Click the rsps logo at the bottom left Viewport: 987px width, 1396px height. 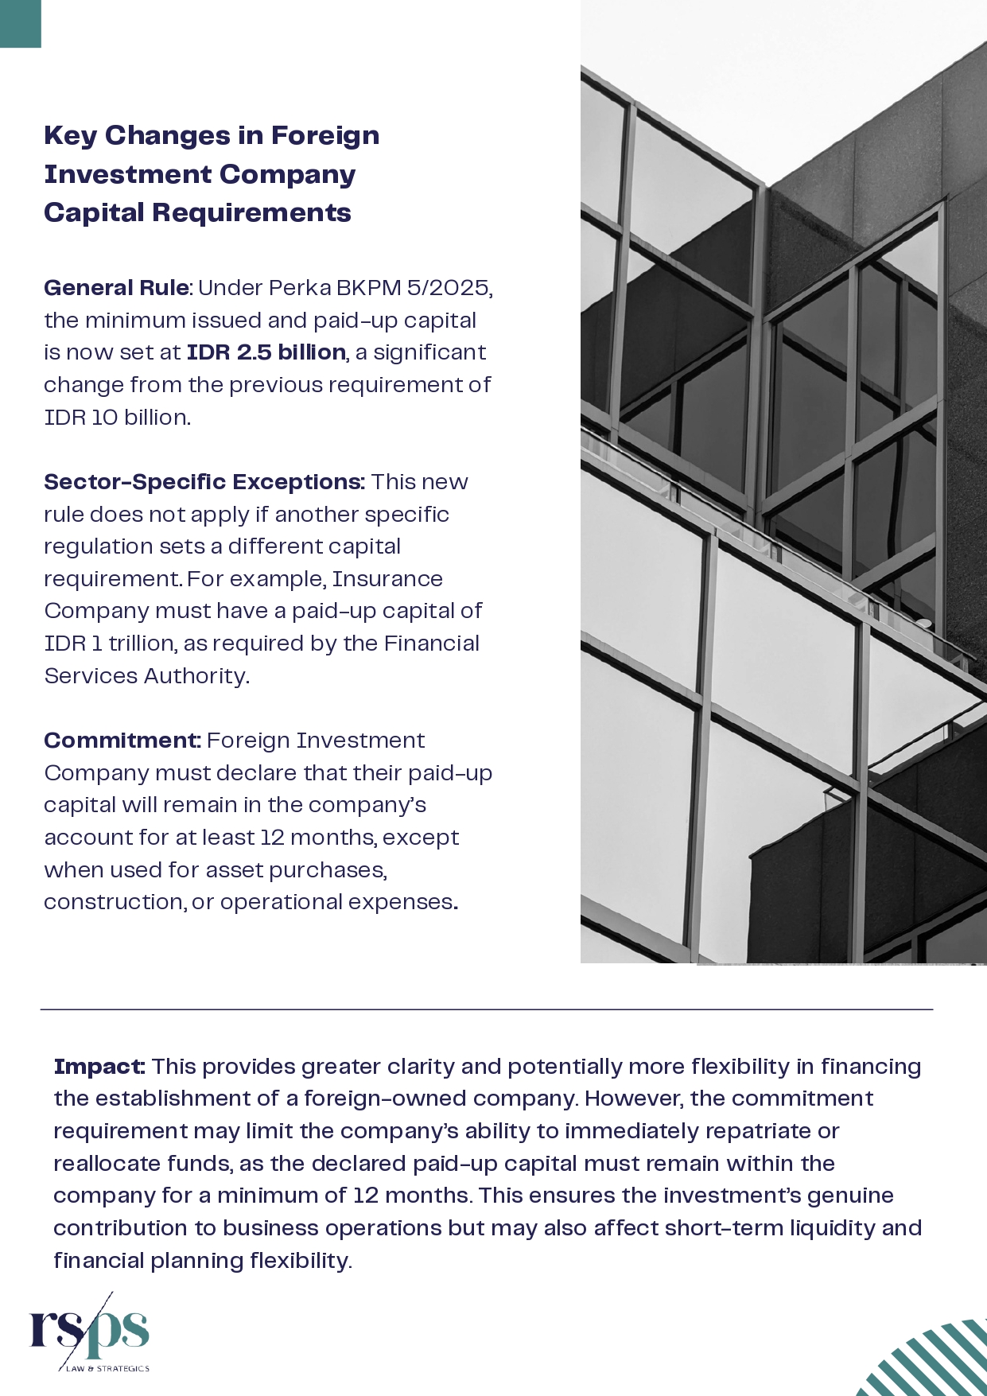pyautogui.click(x=89, y=1332)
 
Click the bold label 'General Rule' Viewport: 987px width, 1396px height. pyautogui.click(x=116, y=288)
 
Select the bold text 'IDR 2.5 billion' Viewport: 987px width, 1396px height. pyautogui.click(x=266, y=352)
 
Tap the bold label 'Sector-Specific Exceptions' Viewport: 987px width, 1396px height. pyautogui.click(x=204, y=482)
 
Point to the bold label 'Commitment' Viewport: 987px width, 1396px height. pyautogui.click(x=121, y=741)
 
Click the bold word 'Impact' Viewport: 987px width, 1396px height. pyautogui.click(x=99, y=1067)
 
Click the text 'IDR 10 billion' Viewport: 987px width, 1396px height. pyautogui.click(x=116, y=418)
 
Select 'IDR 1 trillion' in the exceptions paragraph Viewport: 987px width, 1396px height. pyautogui.click(x=110, y=644)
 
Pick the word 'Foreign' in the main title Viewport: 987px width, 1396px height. pyautogui.click(x=324, y=136)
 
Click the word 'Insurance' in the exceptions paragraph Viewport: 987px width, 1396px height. pyautogui.click(x=387, y=579)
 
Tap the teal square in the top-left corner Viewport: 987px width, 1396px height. pyautogui.click(x=20, y=23)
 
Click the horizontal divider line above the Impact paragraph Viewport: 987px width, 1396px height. pyautogui.click(x=486, y=1009)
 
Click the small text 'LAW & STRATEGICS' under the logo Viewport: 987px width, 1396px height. pyautogui.click(x=107, y=1369)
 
